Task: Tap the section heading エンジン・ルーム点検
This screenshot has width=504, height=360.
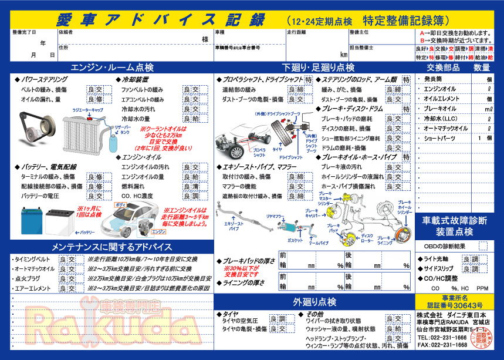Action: coord(111,67)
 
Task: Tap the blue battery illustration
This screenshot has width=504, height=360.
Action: coord(31,221)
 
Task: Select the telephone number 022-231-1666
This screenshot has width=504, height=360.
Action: coord(442,338)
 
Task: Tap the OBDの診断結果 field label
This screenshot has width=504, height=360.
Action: coord(444,246)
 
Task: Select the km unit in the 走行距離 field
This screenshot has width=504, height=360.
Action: coord(344,55)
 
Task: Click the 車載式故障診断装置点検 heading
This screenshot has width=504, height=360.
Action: coord(454,226)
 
